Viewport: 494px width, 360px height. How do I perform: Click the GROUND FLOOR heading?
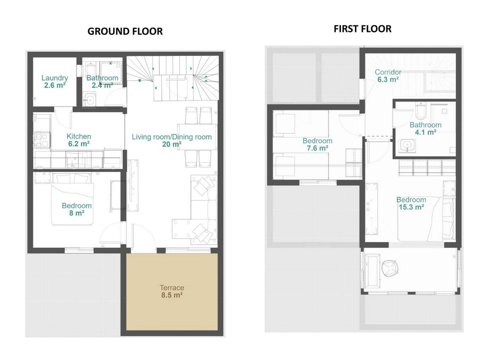point(125,32)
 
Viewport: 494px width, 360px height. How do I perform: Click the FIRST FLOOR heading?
point(362,29)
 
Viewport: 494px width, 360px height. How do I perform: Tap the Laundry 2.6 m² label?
point(55,81)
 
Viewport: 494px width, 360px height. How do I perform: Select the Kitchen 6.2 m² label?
point(79,140)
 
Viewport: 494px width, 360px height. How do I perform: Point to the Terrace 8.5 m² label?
point(172,291)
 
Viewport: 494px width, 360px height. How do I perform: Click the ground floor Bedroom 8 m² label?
point(77,209)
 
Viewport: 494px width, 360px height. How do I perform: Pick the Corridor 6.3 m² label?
point(388,76)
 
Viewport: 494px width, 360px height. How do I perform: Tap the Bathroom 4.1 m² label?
point(425,128)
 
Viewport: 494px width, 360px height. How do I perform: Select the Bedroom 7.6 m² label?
point(317,144)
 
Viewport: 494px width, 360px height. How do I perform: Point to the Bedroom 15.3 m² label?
point(411,204)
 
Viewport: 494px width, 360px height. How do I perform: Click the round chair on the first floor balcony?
point(389,269)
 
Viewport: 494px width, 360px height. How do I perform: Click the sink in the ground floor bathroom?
point(89,100)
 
